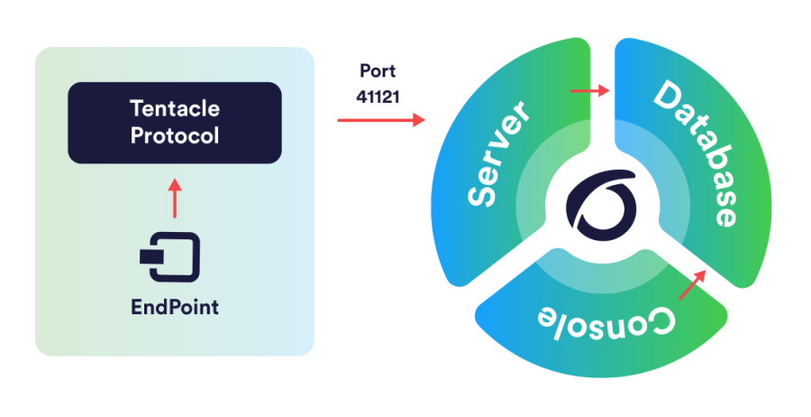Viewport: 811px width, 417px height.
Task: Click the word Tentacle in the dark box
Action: point(175,109)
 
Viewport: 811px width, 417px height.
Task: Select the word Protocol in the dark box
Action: point(175,135)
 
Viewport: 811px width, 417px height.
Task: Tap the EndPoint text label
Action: point(175,307)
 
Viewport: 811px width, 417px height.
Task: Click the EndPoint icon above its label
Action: point(169,257)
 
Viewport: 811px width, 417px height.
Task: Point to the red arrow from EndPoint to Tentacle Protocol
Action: point(175,199)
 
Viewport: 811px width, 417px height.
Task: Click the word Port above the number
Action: point(378,71)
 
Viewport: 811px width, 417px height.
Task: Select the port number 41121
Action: point(378,97)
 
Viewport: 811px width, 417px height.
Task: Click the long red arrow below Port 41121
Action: point(381,120)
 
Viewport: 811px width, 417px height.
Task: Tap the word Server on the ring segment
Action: point(497,153)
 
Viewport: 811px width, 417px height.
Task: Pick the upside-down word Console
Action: point(606,322)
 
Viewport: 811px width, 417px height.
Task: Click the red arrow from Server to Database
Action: point(589,90)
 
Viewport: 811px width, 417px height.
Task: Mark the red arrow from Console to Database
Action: point(692,285)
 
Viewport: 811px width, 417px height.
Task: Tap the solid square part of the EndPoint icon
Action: point(151,257)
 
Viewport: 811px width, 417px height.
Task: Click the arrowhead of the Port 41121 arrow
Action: point(419,120)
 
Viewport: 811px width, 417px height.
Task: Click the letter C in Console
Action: point(661,321)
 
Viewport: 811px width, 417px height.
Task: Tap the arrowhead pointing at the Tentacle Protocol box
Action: point(175,184)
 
